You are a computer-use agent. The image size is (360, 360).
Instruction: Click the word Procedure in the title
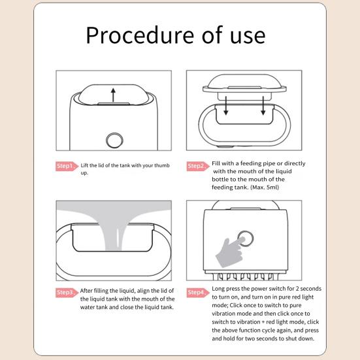click(x=140, y=35)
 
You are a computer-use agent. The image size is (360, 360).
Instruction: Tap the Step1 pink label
click(x=67, y=166)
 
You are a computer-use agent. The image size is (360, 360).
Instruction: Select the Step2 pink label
click(x=198, y=166)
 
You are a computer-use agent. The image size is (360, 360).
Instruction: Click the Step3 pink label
click(x=67, y=293)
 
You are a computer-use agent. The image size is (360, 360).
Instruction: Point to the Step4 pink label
click(x=198, y=293)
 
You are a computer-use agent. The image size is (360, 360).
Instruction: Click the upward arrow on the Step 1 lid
click(x=113, y=95)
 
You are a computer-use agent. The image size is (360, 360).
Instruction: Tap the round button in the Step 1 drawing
click(x=114, y=140)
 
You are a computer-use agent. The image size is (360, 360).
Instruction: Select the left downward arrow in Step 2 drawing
click(x=226, y=106)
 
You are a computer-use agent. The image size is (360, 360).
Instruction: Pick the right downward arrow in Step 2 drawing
click(x=263, y=106)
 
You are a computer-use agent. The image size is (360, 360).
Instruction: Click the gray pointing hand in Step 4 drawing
click(x=229, y=253)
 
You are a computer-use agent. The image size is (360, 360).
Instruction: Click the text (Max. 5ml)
click(x=265, y=187)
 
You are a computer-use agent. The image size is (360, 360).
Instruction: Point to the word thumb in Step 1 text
click(x=162, y=165)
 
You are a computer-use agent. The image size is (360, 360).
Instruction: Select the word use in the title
click(x=248, y=37)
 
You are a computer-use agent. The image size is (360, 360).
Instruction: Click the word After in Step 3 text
click(x=86, y=291)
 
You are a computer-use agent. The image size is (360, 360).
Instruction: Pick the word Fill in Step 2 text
click(x=216, y=163)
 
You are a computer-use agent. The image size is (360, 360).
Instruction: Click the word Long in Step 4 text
click(x=218, y=289)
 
